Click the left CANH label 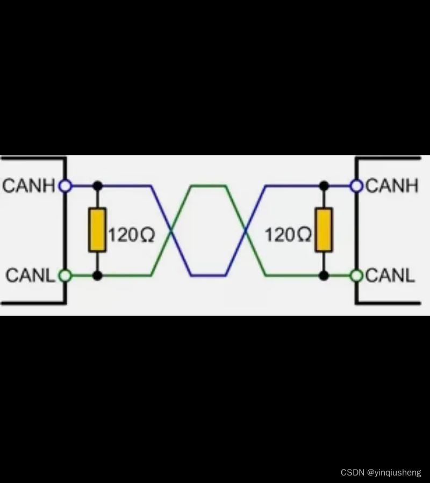29,186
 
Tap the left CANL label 31,276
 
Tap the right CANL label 390,276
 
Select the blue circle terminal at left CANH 65,186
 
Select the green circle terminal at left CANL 65,276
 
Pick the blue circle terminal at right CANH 356,186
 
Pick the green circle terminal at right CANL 356,276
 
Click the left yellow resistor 97,230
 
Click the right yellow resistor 324,230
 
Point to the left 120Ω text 131,235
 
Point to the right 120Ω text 288,235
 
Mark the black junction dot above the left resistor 97,186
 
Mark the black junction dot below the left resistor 97,276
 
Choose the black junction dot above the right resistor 324,186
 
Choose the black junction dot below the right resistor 324,276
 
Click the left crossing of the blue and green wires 171,231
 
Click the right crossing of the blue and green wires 245,231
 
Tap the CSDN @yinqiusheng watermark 381,472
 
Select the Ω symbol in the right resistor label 304,235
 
